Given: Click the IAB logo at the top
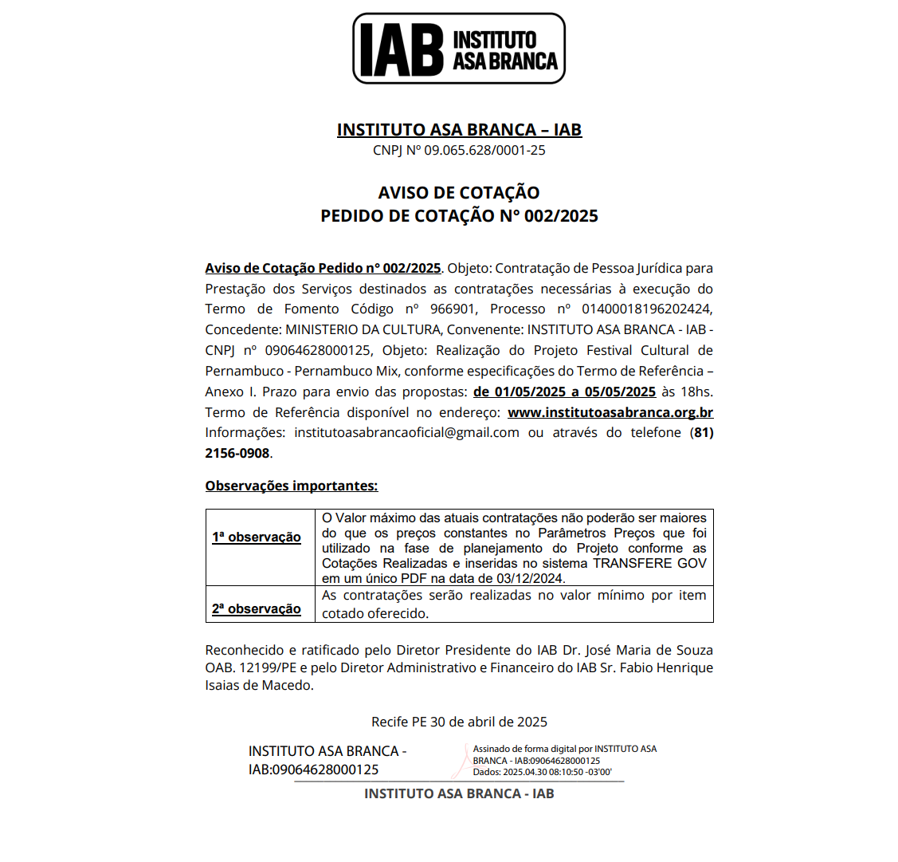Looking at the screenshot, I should [x=459, y=49].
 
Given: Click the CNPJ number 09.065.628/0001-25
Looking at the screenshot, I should [x=484, y=150].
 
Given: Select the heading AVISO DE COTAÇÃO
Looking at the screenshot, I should [x=459, y=192].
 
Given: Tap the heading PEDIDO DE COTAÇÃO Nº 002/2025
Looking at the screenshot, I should [x=459, y=216].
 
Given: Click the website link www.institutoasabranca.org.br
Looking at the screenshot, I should [x=610, y=412].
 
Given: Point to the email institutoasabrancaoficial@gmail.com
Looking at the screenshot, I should [x=406, y=432].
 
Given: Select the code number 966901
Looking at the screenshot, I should [x=453, y=309].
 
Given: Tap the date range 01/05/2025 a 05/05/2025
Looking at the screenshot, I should [x=564, y=392].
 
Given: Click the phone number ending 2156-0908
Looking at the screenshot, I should [x=237, y=453].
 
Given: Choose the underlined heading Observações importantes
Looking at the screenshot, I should [x=292, y=486].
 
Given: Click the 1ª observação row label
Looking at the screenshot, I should [x=257, y=537].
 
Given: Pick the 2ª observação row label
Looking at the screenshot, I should [x=257, y=608].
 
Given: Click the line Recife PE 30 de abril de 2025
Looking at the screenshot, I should [x=459, y=722].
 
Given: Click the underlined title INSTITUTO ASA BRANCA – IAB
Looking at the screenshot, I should [x=459, y=130].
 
